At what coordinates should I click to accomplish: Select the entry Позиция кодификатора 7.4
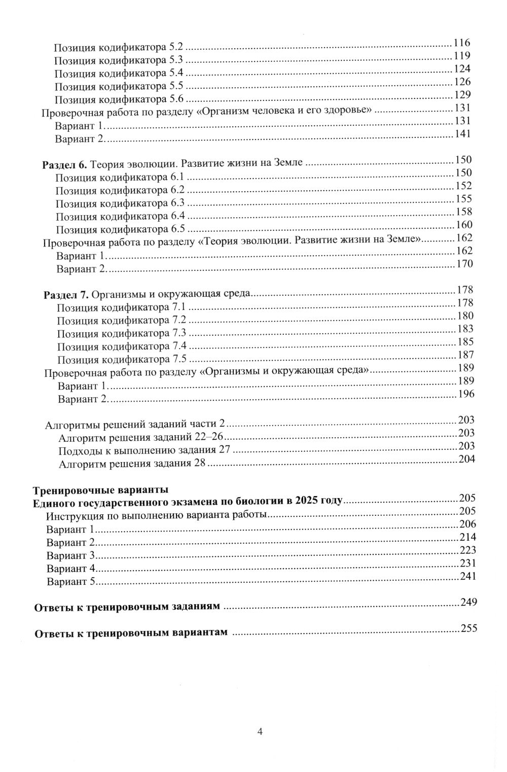pos(122,346)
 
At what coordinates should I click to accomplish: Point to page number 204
pos(466,459)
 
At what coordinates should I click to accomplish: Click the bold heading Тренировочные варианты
pos(99,490)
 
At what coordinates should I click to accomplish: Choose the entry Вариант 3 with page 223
pos(70,555)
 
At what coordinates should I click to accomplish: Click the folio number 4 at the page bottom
pos(260,731)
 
